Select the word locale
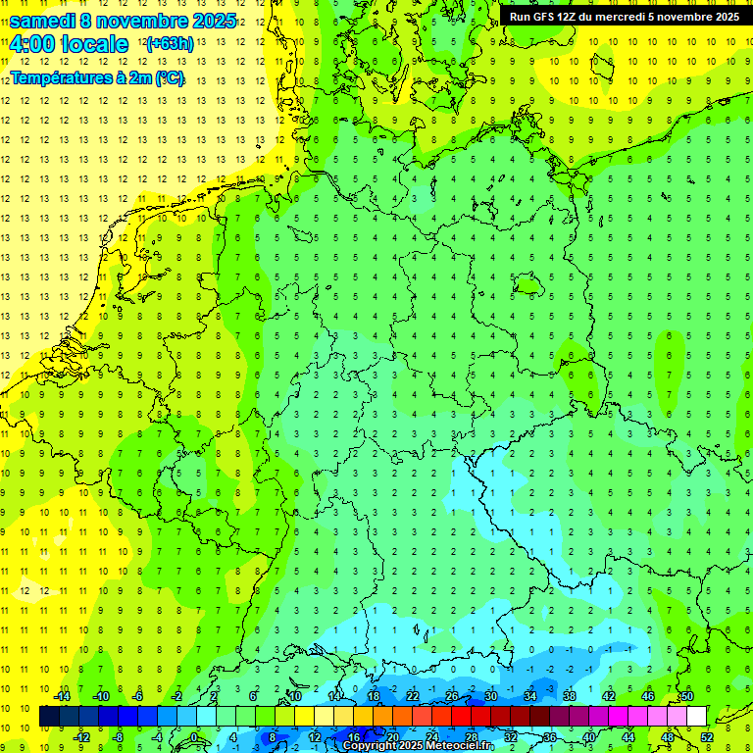click(94, 44)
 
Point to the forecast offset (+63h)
click(170, 44)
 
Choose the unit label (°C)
click(168, 77)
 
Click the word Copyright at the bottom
click(372, 746)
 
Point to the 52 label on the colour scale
click(706, 737)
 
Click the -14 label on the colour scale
click(63, 696)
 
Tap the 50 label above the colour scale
click(686, 696)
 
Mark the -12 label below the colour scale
click(82, 737)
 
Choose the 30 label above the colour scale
click(490, 696)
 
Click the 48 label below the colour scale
click(667, 737)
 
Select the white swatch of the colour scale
click(696, 717)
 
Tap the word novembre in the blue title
click(143, 21)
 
